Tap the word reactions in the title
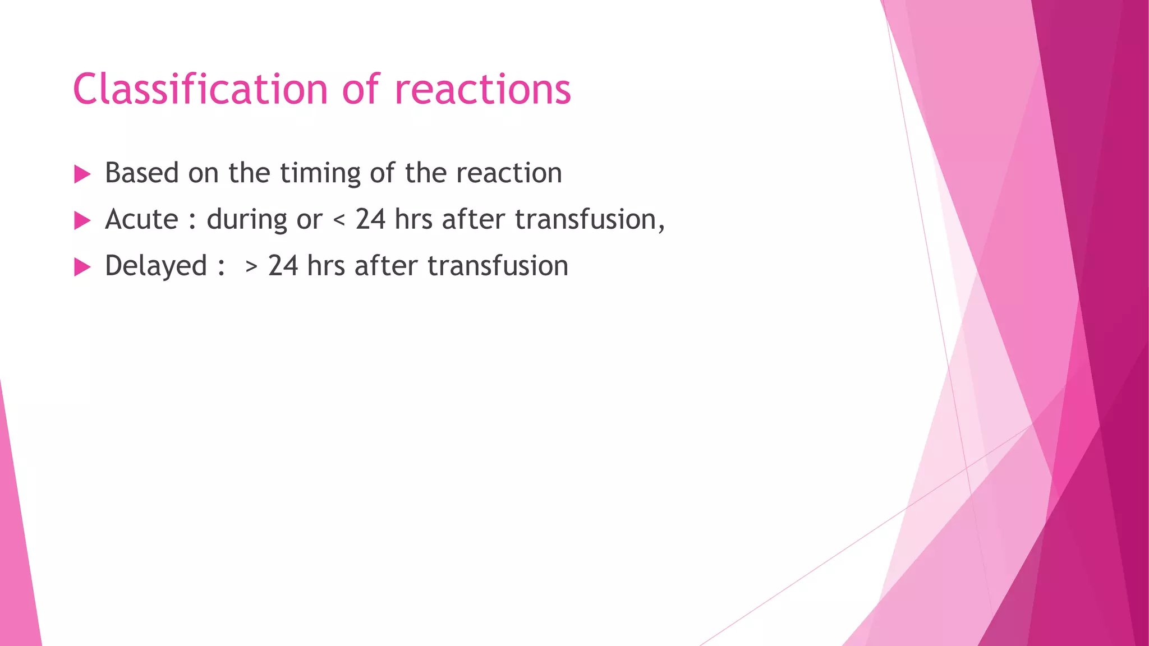coord(483,90)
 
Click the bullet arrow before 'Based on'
coord(82,174)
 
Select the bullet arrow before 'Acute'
coord(82,221)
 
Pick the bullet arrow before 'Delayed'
coord(82,267)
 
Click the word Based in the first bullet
coord(141,173)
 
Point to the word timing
coord(320,174)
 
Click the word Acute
coord(141,219)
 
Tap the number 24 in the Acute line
coord(370,219)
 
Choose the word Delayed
coord(156,266)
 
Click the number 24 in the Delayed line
coord(283,266)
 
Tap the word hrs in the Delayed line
coord(326,266)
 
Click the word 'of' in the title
coord(360,90)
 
